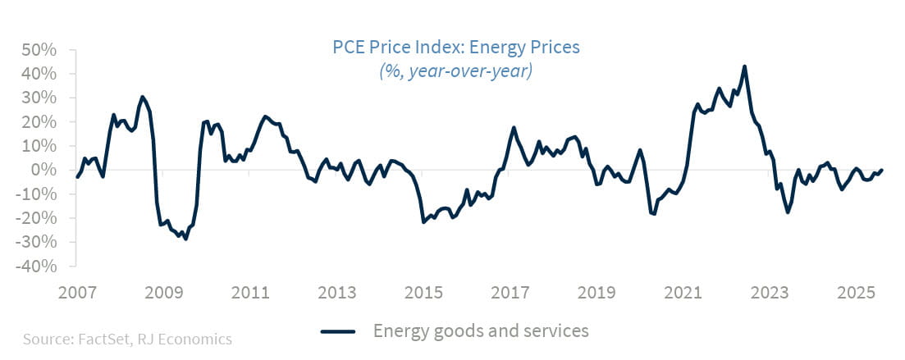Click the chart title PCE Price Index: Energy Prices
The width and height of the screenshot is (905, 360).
tap(455, 47)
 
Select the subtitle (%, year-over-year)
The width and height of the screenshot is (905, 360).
tap(455, 71)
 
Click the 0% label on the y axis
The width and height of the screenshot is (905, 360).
tap(44, 170)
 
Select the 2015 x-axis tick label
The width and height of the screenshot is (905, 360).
tap(423, 293)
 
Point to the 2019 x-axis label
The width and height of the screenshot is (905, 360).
tap(596, 293)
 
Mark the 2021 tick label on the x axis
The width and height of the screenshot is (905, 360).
tap(683, 293)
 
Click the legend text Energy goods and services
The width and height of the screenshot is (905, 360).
tap(481, 331)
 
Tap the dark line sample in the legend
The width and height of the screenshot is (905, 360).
tap(336, 331)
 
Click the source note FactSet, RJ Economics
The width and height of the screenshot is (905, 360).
tap(127, 339)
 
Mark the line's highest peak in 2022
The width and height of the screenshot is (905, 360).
tap(744, 66)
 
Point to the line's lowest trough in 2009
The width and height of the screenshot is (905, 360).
tap(186, 239)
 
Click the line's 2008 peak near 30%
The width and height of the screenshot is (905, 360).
tap(142, 97)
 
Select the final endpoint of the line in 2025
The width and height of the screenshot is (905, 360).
tap(882, 171)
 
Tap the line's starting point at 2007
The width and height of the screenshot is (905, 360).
tap(77, 177)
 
